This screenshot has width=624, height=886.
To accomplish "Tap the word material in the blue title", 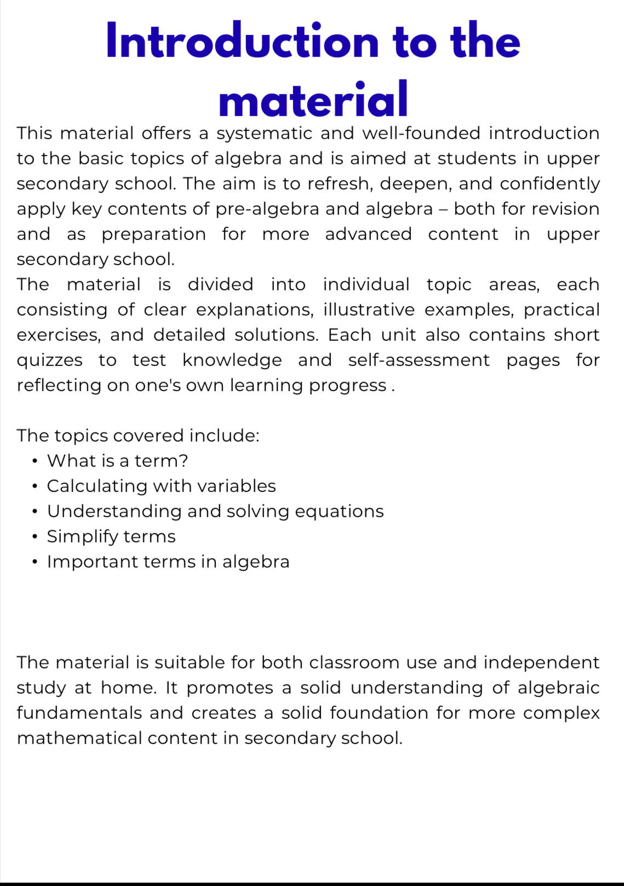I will pos(313,100).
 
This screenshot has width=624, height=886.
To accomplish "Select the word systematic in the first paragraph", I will pos(265,133).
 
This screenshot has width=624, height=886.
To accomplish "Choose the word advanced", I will pos(368,235).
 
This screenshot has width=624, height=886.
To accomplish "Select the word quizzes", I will pos(49,361).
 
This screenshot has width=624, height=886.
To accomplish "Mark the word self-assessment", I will pos(419,361).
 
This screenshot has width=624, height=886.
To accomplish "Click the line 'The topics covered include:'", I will pos(138,436).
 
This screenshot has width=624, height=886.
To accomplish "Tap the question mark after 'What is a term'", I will pos(184,461).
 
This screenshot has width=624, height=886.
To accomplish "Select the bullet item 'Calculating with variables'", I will pos(161,486).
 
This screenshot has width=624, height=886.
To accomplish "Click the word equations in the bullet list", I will pos(339,511).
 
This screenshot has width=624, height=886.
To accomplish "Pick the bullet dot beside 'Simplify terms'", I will pos(35,537).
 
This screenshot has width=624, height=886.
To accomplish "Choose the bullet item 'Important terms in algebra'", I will pos(168,562).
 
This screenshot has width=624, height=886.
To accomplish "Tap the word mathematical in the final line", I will pos(79,738).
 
